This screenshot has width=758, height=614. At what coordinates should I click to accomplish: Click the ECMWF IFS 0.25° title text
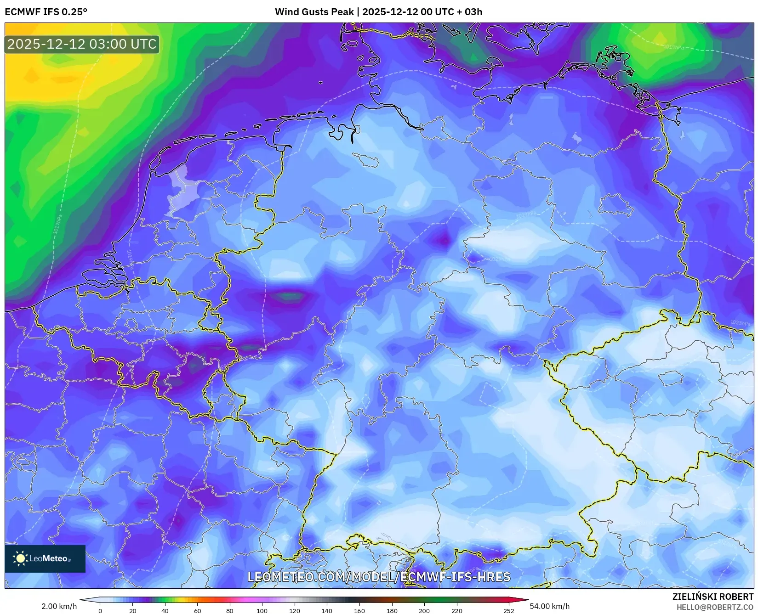click(x=46, y=12)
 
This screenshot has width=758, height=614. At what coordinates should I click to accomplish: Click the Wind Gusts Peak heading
click(x=378, y=12)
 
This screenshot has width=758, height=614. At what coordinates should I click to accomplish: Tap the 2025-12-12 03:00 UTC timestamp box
click(x=82, y=45)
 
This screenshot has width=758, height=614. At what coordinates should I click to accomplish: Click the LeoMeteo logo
click(x=45, y=558)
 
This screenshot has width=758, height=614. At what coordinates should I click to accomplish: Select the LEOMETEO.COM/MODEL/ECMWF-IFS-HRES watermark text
click(x=379, y=577)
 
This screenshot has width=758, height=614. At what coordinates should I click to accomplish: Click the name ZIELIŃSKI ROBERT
click(x=712, y=597)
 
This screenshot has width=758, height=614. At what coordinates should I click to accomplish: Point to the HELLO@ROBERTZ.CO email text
click(x=715, y=607)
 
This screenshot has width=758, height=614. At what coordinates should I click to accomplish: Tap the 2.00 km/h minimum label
click(x=59, y=606)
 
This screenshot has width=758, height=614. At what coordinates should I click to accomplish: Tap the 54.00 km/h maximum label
click(x=549, y=606)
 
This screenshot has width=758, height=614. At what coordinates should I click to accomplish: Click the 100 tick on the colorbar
click(x=262, y=611)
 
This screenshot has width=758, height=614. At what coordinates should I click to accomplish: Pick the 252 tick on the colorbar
click(x=508, y=611)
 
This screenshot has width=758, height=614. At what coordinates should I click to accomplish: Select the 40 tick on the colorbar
click(x=165, y=611)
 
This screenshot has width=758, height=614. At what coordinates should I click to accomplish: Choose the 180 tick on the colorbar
click(x=392, y=611)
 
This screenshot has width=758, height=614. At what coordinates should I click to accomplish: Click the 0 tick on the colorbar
click(x=100, y=611)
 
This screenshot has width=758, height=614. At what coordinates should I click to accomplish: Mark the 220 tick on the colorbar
click(x=456, y=611)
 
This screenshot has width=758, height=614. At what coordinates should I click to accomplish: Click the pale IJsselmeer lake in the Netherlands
click(x=183, y=193)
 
